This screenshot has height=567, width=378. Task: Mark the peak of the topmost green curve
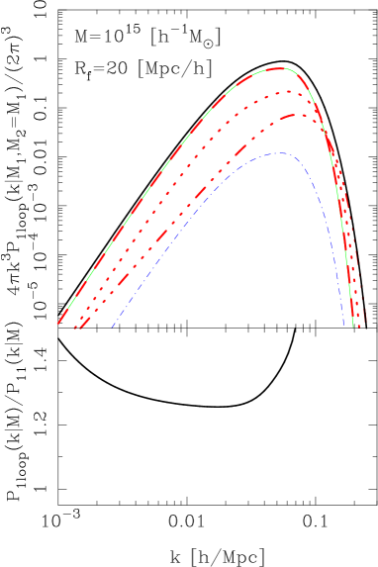point(280,68)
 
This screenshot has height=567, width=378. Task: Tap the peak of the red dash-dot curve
point(297,115)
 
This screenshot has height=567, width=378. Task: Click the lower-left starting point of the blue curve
point(112,327)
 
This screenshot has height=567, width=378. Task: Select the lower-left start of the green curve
point(58,324)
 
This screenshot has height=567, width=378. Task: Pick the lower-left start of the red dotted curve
point(73,327)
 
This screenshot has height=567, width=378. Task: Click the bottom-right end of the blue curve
point(343,326)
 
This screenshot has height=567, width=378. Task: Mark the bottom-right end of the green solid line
point(354,325)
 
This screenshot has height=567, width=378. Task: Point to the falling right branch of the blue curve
point(327,228)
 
